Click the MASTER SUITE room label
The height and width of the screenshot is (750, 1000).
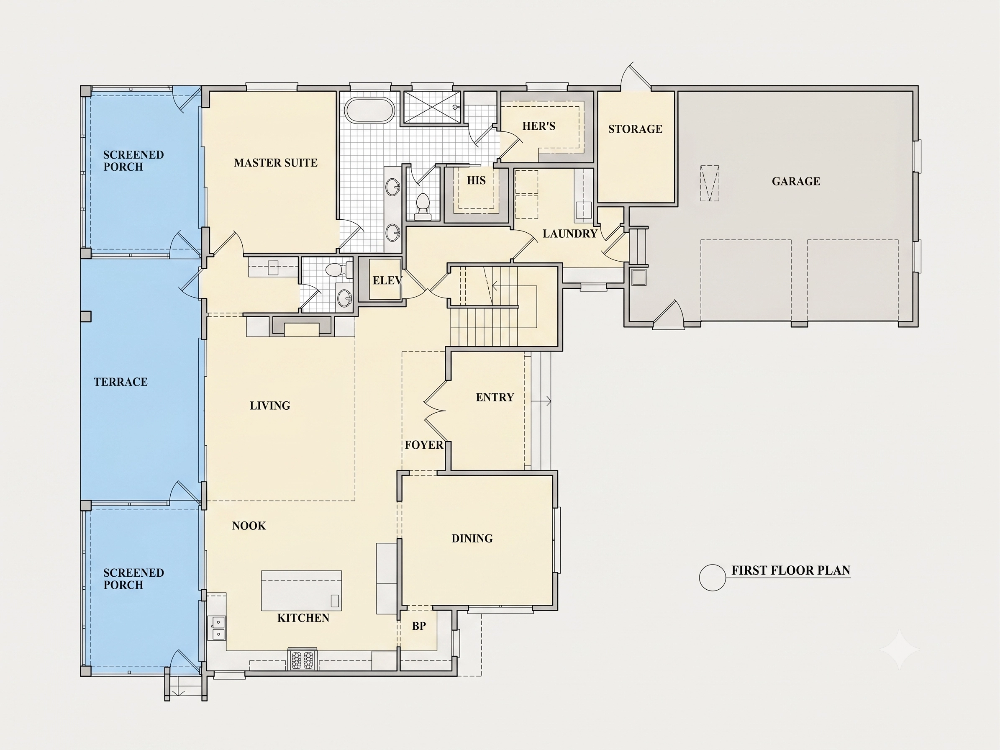(x=276, y=163)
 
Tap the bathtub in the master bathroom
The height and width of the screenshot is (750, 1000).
(x=369, y=110)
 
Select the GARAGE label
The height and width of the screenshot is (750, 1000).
(x=796, y=181)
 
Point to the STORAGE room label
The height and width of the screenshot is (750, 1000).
(x=635, y=129)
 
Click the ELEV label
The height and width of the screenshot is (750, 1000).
(x=387, y=280)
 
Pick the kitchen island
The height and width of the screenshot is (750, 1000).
(x=302, y=591)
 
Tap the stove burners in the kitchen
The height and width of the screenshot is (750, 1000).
(x=303, y=660)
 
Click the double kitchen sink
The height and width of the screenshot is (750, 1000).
(x=218, y=628)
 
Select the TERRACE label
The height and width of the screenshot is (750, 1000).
(x=121, y=382)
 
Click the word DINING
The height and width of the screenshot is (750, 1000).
(x=472, y=538)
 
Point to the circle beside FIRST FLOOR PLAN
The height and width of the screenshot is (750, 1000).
(x=713, y=577)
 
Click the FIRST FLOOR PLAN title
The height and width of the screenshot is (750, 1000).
(x=791, y=570)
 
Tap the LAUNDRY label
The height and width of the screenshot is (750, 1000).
(x=570, y=234)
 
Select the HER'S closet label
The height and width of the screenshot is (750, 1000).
(x=539, y=126)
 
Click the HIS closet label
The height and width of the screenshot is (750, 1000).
(x=476, y=180)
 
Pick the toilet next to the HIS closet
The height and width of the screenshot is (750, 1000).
(x=423, y=207)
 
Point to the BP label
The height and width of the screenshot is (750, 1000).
(x=419, y=626)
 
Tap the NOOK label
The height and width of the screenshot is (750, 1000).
(x=249, y=526)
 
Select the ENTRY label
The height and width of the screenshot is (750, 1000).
(x=495, y=397)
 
